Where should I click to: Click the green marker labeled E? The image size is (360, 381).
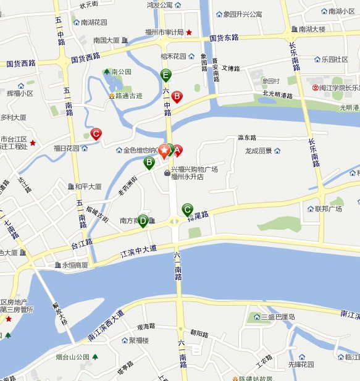[165, 75]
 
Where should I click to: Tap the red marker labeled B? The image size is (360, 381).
[177, 96]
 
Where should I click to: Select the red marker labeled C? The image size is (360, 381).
[96, 133]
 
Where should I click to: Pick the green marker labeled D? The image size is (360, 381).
[143, 220]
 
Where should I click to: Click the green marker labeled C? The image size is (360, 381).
[187, 209]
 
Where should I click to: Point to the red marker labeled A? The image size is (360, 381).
[177, 149]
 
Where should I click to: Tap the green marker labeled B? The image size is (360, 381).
[149, 162]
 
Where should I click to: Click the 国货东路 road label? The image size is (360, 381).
[224, 38]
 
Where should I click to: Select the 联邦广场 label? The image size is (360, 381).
[329, 209]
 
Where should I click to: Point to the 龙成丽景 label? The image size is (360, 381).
[258, 151]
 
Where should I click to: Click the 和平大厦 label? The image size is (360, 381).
[88, 186]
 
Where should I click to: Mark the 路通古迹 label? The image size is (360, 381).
[129, 96]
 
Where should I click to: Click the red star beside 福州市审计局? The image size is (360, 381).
[190, 32]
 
